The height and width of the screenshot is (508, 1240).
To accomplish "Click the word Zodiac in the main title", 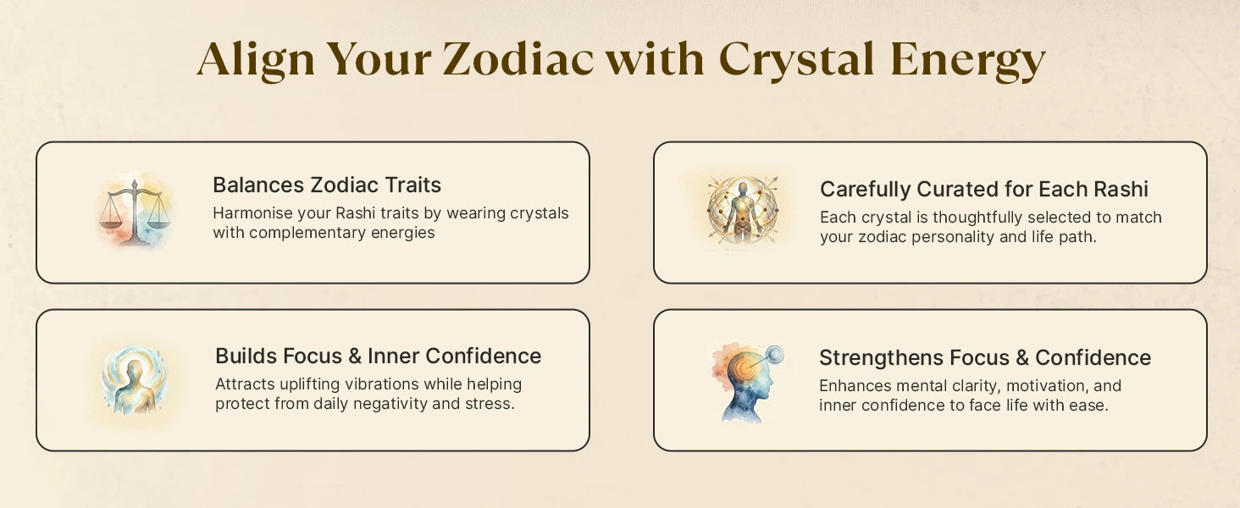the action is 518,58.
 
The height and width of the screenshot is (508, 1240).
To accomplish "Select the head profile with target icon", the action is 747,383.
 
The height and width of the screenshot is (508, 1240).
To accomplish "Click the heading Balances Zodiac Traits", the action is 327,185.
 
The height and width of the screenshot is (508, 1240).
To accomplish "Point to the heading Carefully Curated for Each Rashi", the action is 983,190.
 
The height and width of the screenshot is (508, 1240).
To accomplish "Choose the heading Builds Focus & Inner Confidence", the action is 378,356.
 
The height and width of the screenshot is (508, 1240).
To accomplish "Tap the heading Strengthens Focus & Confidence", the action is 985,357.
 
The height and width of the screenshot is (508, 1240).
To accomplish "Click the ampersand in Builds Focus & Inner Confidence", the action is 355,356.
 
